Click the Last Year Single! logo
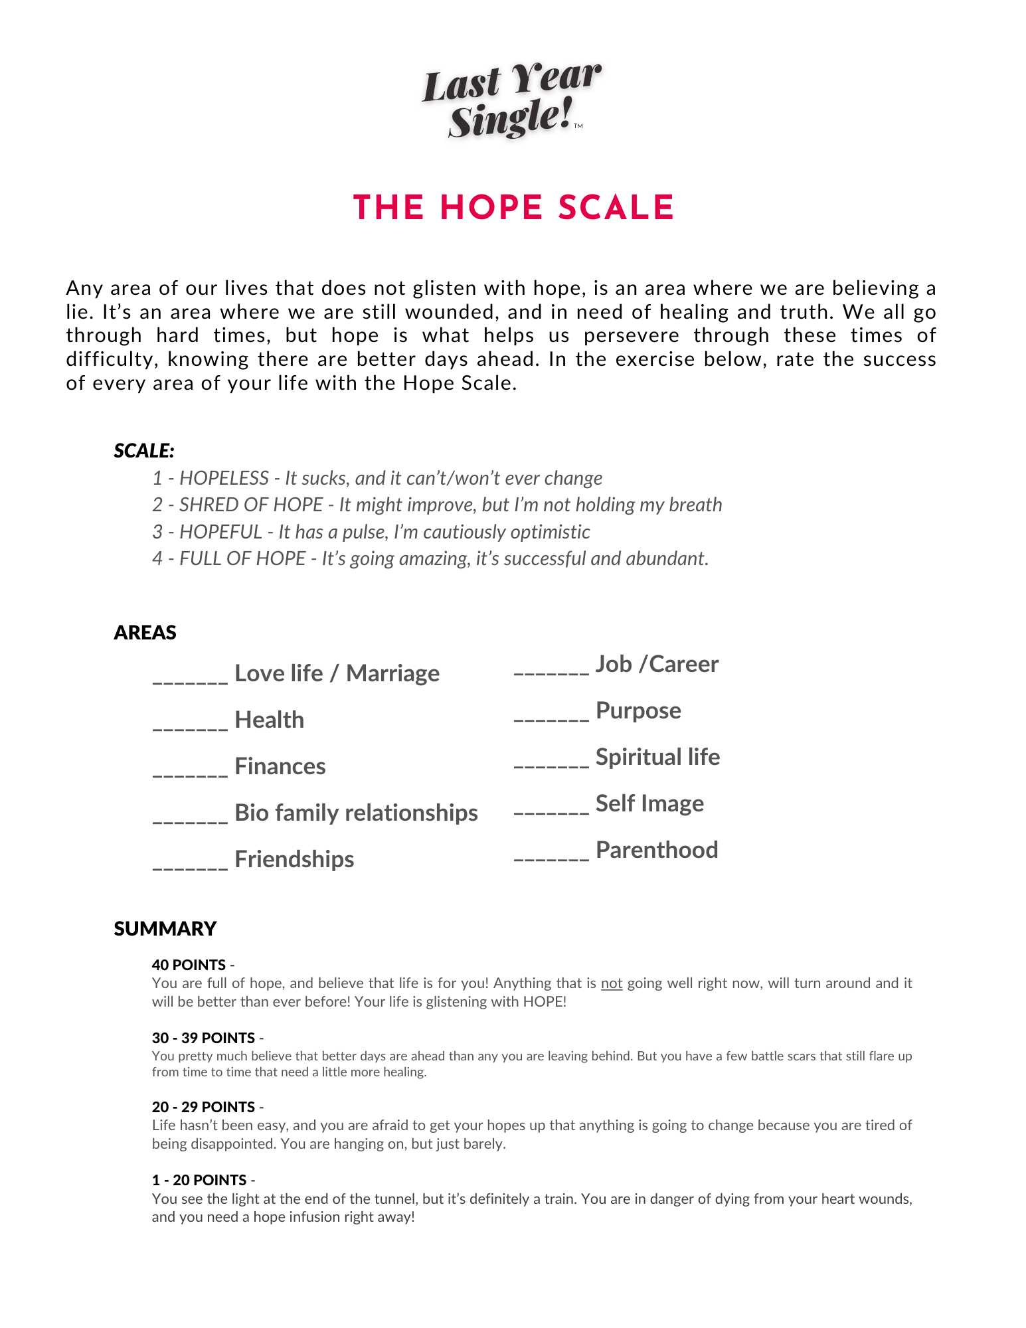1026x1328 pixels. click(511, 100)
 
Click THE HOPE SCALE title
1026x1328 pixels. click(513, 208)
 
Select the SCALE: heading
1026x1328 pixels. click(144, 451)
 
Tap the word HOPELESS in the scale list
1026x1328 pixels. click(224, 478)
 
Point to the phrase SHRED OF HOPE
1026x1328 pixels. click(251, 505)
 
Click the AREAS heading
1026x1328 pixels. click(145, 632)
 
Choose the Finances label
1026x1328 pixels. click(280, 766)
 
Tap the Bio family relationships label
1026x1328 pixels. click(356, 813)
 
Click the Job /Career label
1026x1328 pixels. click(657, 664)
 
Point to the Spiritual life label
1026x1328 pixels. click(657, 757)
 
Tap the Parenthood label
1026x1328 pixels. click(657, 850)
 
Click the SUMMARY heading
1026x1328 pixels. click(165, 928)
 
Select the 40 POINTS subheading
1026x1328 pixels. click(189, 965)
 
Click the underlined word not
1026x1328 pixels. click(612, 983)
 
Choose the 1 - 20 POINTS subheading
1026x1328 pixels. click(199, 1180)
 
